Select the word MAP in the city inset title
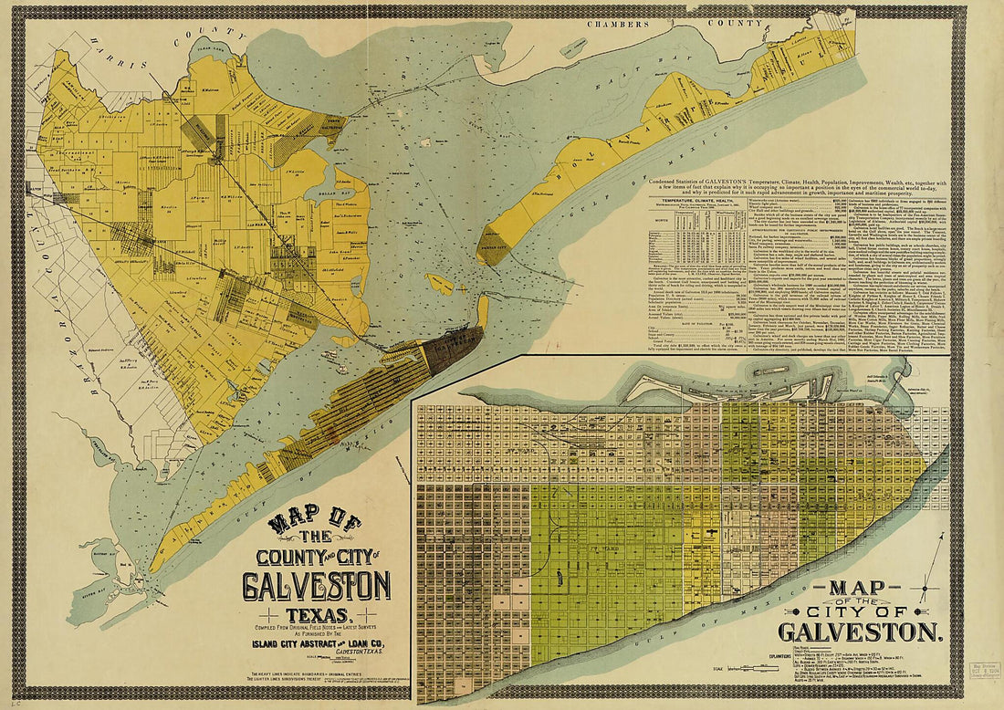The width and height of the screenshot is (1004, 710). coord(857,588)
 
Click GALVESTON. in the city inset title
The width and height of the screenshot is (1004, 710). coord(859,632)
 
